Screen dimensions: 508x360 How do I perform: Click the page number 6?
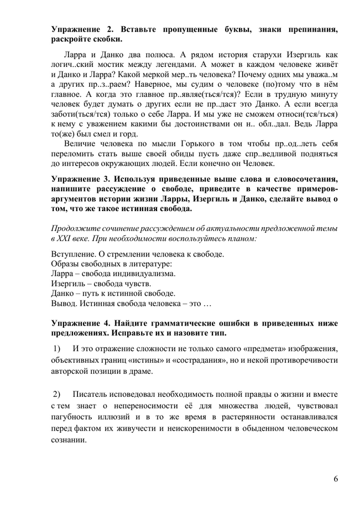(x=336, y=479)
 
